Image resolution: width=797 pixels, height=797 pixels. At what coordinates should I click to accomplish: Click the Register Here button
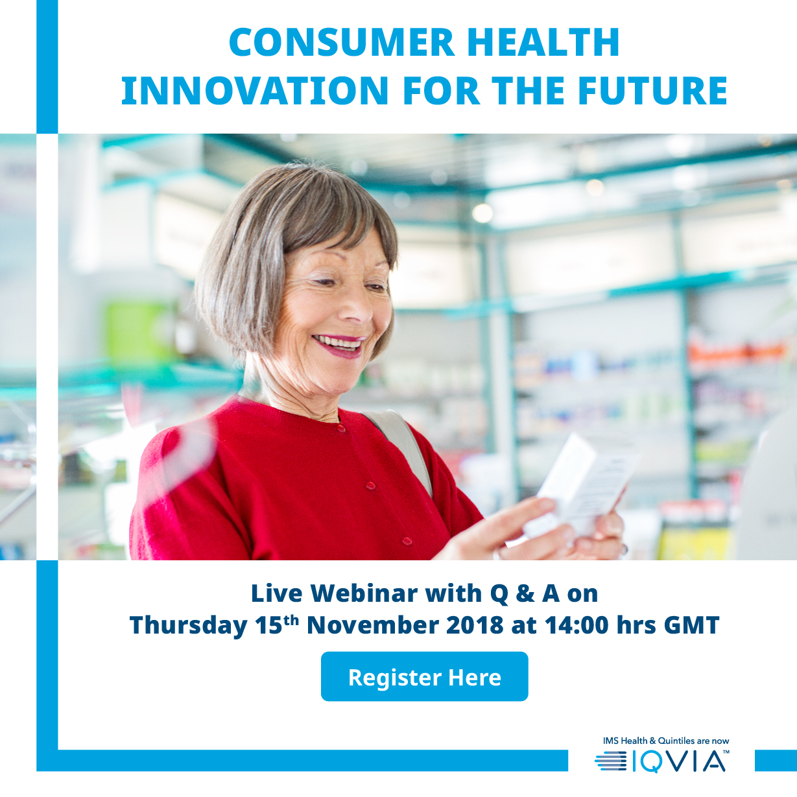click(x=424, y=676)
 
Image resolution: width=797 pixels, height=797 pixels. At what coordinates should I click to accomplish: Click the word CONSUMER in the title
click(x=342, y=42)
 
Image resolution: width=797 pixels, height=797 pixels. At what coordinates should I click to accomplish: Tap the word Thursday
click(x=189, y=626)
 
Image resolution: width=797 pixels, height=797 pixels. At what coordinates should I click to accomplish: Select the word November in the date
click(x=373, y=625)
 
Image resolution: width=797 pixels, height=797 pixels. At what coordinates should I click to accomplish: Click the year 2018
click(x=475, y=625)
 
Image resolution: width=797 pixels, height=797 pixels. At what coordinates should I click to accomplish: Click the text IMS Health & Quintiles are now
click(x=666, y=741)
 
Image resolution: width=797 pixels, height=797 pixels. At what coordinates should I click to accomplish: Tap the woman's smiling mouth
click(x=339, y=344)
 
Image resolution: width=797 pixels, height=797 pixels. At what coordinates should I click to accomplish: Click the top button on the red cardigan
click(x=340, y=429)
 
